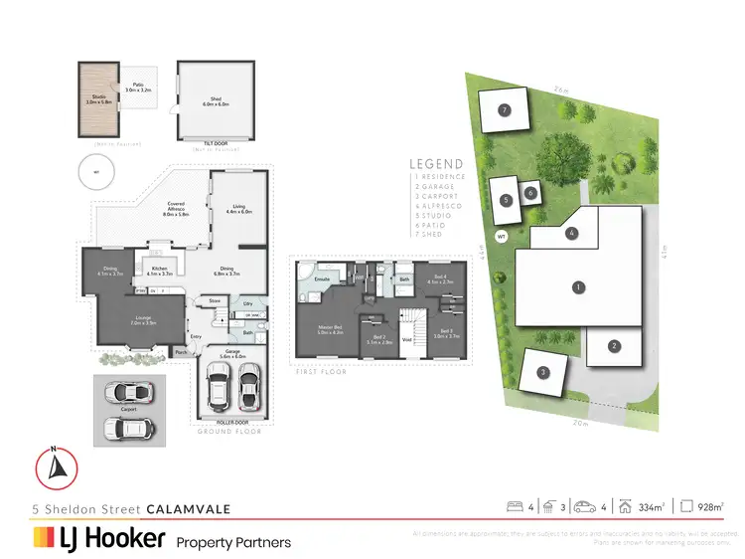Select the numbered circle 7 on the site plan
coord(505,110)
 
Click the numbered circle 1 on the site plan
coord(577,287)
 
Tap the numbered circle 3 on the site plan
coord(542,373)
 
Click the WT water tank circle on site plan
coord(502,237)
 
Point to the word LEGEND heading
coord(437,164)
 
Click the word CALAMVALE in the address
coord(189,508)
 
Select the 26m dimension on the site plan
coord(562,90)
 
